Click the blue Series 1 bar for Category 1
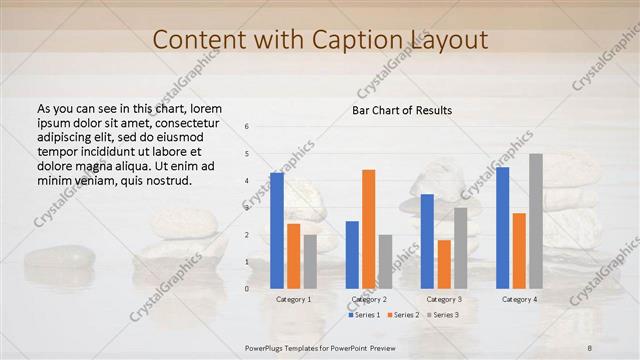pyautogui.click(x=276, y=231)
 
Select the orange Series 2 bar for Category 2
pyautogui.click(x=369, y=229)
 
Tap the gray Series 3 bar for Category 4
pyautogui.click(x=536, y=221)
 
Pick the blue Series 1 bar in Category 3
pyautogui.click(x=427, y=241)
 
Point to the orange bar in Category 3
pyautogui.click(x=444, y=264)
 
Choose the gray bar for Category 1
pyautogui.click(x=310, y=262)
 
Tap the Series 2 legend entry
pyautogui.click(x=403, y=315)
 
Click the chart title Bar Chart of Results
pyautogui.click(x=402, y=110)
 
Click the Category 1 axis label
pyautogui.click(x=293, y=299)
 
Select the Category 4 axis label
pyautogui.click(x=519, y=299)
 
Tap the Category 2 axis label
pyautogui.click(x=368, y=299)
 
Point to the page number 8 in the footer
pyautogui.click(x=590, y=346)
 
